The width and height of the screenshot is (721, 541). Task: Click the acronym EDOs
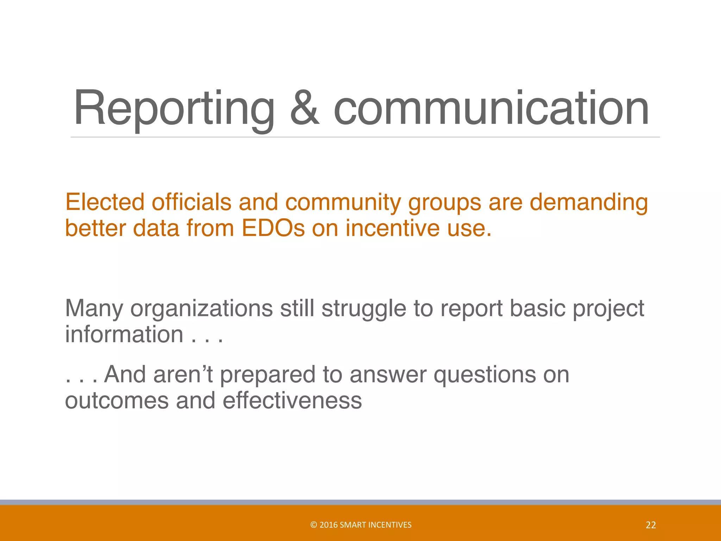point(273,228)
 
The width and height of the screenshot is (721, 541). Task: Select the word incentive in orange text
point(393,228)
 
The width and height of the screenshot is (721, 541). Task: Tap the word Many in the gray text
point(94,309)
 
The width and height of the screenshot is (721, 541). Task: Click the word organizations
point(201,309)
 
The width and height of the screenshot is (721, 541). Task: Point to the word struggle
point(364,309)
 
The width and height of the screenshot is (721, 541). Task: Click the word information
point(124,334)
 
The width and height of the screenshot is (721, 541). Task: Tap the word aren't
point(183,374)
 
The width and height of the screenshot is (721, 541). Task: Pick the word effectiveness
point(292,401)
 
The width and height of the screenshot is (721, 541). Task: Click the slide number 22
point(651,525)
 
